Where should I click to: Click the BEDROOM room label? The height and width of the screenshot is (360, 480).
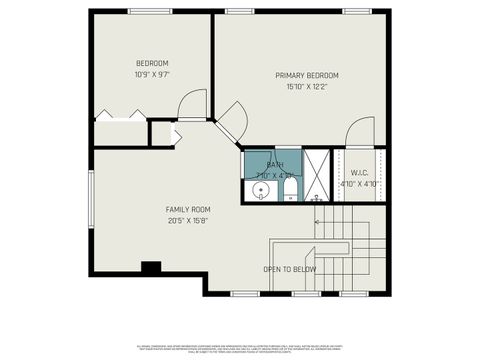pyautogui.click(x=152, y=63)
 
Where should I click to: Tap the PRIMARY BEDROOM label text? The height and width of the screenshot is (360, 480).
pyautogui.click(x=308, y=76)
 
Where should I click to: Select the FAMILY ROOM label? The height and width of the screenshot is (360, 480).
pyautogui.click(x=188, y=210)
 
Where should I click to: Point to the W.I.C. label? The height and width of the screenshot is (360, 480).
pyautogui.click(x=358, y=173)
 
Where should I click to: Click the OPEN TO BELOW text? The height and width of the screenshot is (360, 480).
pyautogui.click(x=290, y=269)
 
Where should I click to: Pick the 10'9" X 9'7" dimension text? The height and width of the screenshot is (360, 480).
pyautogui.click(x=152, y=75)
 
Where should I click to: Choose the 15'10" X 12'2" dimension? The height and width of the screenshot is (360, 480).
pyautogui.click(x=308, y=87)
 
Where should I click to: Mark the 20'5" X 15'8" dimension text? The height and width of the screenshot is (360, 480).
pyautogui.click(x=188, y=221)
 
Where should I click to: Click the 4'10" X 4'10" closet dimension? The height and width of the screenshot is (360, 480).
pyautogui.click(x=358, y=184)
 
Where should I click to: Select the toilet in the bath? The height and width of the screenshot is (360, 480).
pyautogui.click(x=289, y=190)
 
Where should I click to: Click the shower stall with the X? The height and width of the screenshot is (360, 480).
pyautogui.click(x=319, y=174)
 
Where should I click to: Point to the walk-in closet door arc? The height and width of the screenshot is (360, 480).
pyautogui.click(x=359, y=134)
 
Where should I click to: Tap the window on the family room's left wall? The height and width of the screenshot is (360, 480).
pyautogui.click(x=90, y=200)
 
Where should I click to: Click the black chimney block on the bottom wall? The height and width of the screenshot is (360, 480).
pyautogui.click(x=151, y=267)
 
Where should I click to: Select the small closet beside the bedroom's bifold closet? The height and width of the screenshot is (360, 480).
pyautogui.click(x=162, y=133)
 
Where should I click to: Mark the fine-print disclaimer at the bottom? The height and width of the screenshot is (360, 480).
pyautogui.click(x=239, y=347)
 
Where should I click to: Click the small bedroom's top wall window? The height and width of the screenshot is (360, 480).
pyautogui.click(x=150, y=11)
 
